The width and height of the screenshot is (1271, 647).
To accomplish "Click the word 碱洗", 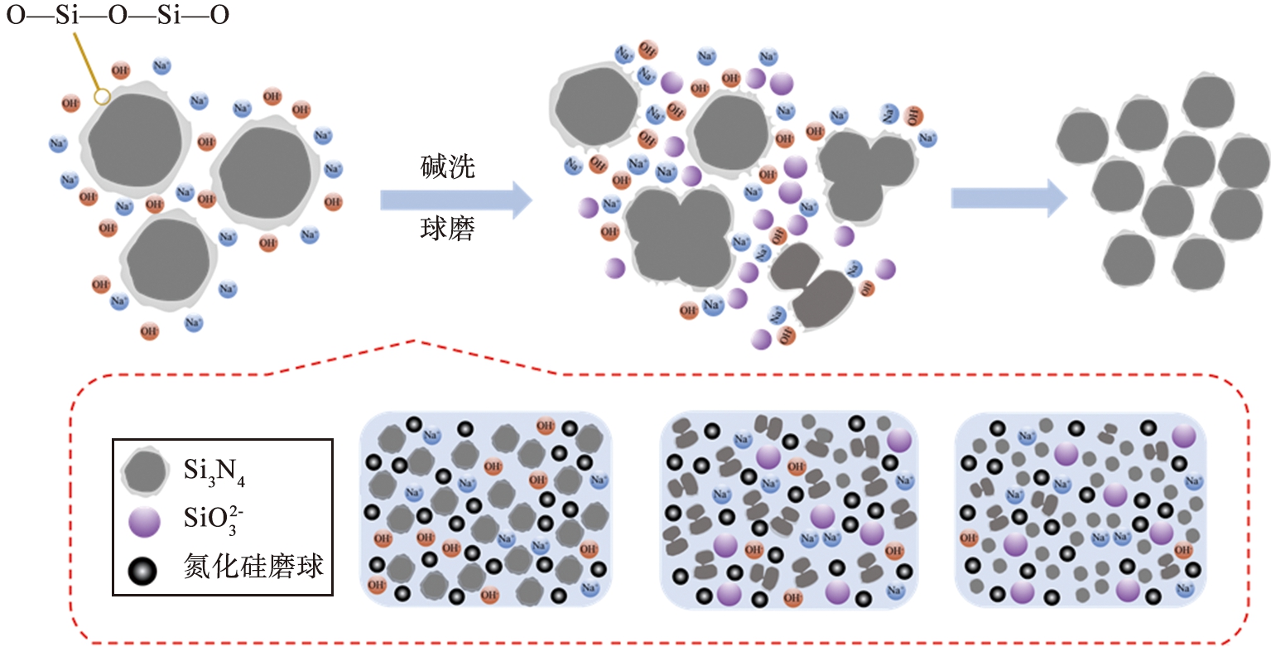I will coord(446,169).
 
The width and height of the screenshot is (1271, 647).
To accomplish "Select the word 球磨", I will coord(446,230).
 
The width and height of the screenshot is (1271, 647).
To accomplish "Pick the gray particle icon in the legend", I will coord(147,474).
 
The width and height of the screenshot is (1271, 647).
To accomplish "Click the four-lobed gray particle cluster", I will coord(678,236).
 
